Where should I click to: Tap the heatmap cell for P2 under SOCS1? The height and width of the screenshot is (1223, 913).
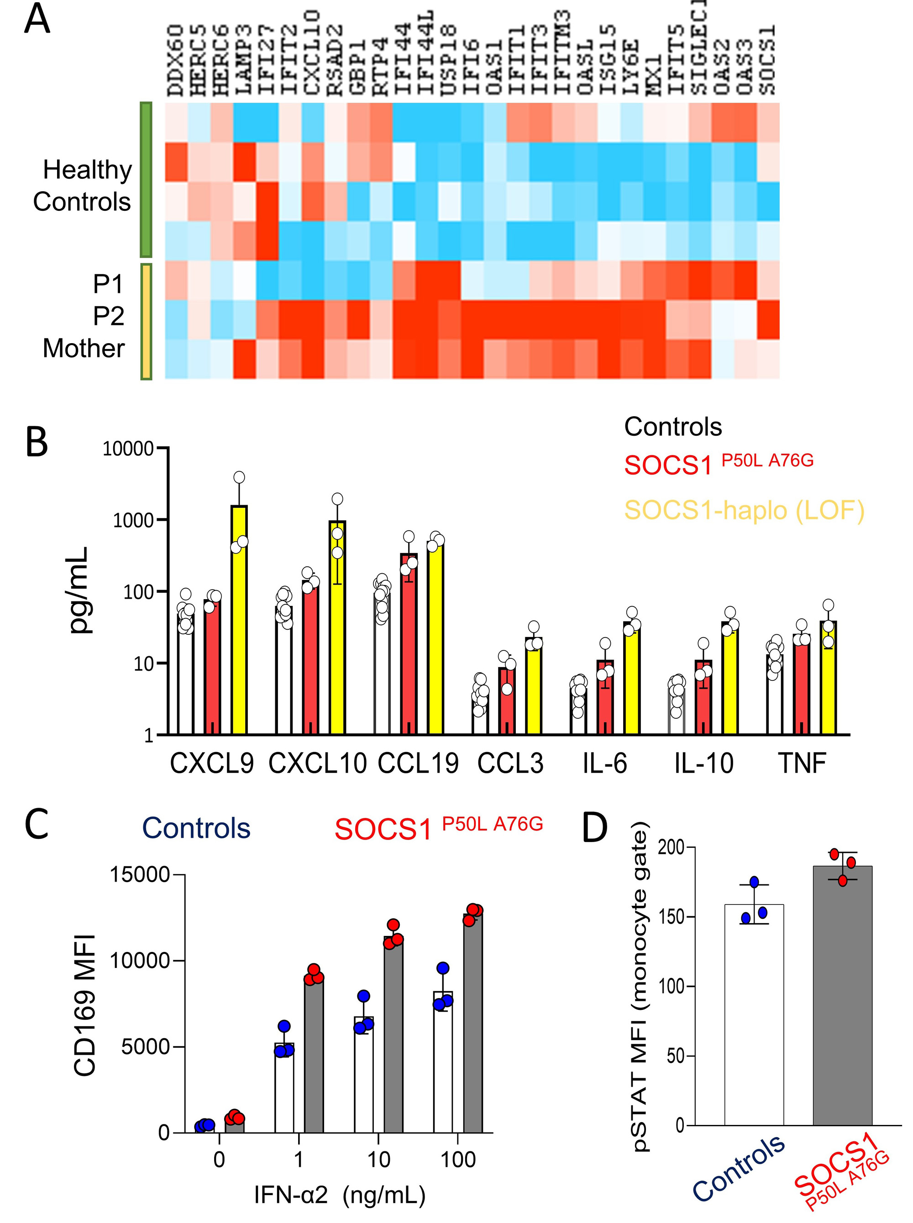point(768,319)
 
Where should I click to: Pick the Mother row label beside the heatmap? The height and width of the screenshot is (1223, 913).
point(84,349)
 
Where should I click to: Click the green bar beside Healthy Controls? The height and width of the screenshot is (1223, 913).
point(146,179)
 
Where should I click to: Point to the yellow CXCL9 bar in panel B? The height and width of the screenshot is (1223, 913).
point(239,619)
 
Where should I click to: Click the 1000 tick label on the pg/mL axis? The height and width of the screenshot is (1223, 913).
point(133,520)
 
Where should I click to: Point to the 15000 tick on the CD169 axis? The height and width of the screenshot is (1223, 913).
point(139,875)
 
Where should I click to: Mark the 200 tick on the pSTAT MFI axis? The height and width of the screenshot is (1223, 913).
point(669,847)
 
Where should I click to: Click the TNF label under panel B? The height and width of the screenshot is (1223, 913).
point(802,763)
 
